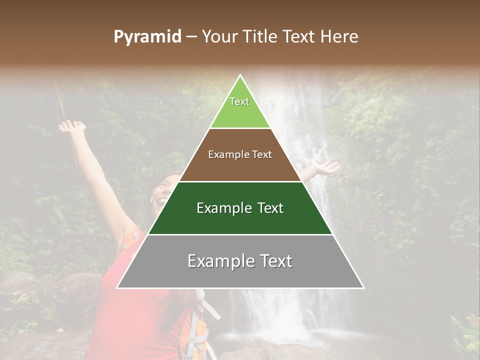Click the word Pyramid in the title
coord(147,37)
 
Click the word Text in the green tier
coord(239,101)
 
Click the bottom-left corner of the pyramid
coord(117,288)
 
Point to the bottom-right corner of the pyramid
coord(363,288)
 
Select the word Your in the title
coord(220,37)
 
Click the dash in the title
coord(191,37)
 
